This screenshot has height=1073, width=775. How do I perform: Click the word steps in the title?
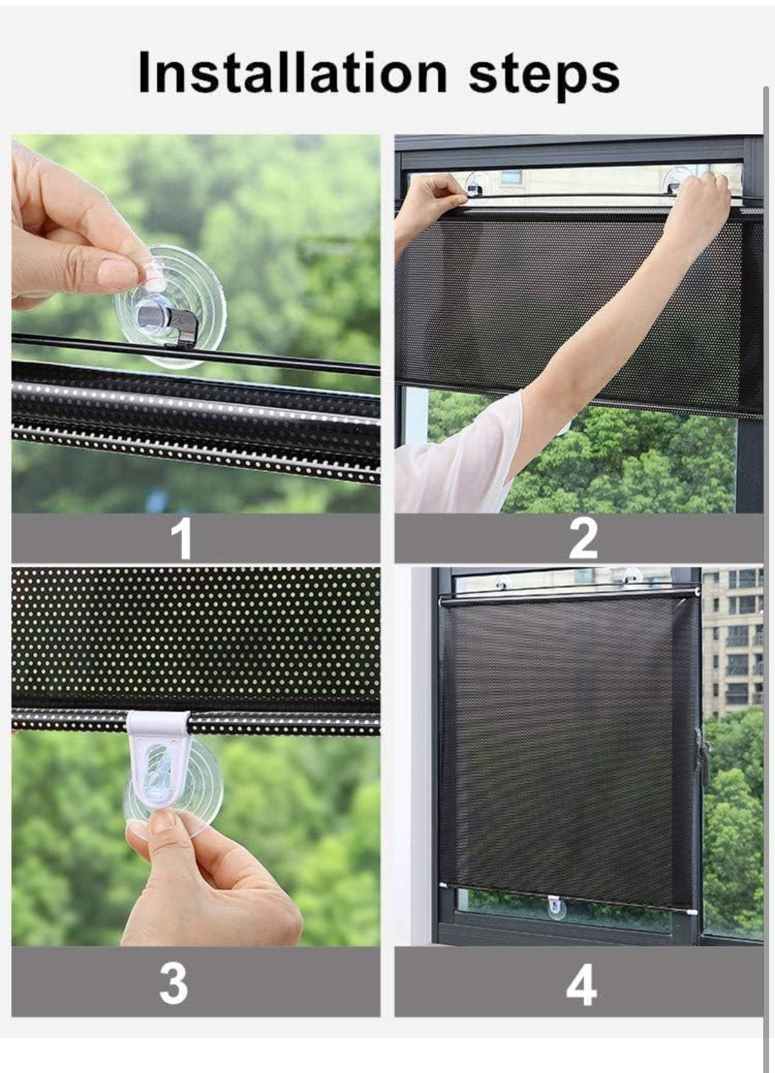544,75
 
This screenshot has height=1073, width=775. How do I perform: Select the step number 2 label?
583,539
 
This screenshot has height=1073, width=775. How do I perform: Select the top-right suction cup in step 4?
632,576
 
